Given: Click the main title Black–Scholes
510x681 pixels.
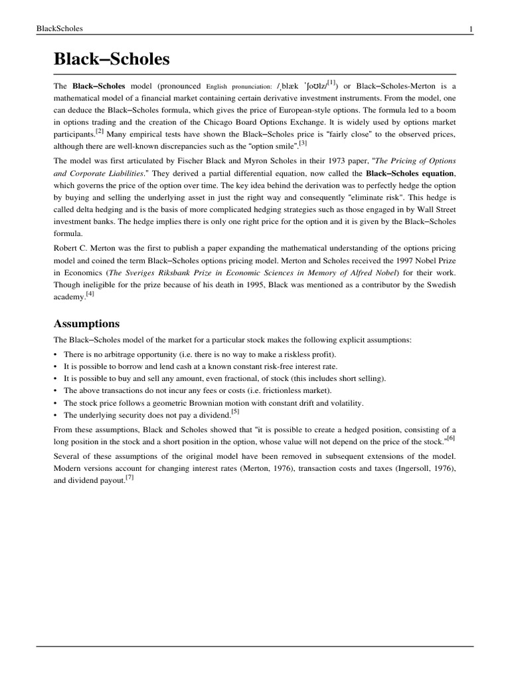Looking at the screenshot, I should tap(112, 60).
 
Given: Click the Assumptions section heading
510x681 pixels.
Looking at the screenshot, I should tap(86, 324).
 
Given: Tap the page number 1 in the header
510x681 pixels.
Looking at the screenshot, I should tap(471, 28).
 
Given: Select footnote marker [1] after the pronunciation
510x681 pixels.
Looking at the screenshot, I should tap(331, 82).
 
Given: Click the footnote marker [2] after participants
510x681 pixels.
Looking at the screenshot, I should tap(100, 132).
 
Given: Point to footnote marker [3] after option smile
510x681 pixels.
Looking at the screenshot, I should tap(303, 142).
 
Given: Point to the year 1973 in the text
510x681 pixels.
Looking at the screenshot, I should tap(309, 162).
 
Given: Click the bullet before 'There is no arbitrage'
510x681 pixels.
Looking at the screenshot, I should tap(56, 354).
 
